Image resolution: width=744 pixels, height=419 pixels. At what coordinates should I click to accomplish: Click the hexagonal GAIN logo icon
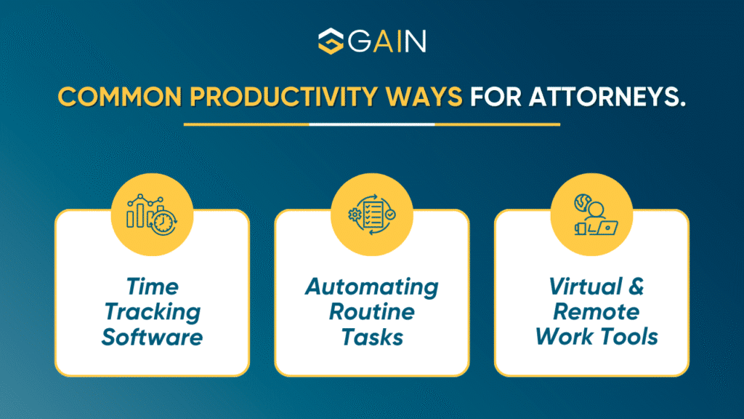click(331, 41)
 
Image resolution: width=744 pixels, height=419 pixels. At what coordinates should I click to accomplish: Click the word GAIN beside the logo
click(387, 41)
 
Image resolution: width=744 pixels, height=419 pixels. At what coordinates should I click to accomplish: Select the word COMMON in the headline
click(120, 97)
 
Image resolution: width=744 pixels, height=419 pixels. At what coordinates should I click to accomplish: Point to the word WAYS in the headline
click(424, 97)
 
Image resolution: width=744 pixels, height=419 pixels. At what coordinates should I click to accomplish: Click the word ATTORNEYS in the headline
click(607, 97)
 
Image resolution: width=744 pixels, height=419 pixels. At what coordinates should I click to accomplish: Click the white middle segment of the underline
click(372, 124)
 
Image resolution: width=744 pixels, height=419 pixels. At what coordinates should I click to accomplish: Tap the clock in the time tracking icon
click(163, 222)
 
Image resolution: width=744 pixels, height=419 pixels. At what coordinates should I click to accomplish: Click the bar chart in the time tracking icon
click(139, 212)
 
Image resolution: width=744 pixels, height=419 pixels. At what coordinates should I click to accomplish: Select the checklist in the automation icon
click(373, 215)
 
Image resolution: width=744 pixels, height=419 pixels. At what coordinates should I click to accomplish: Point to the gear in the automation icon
click(355, 215)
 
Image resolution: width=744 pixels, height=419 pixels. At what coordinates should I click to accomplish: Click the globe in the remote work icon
click(582, 202)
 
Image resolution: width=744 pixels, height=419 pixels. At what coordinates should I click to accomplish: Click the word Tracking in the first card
click(153, 313)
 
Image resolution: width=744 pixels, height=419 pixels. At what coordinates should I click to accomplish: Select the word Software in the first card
click(153, 338)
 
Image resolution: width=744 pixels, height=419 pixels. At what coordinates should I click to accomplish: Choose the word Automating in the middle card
click(372, 287)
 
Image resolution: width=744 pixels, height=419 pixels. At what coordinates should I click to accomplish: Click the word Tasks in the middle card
click(372, 338)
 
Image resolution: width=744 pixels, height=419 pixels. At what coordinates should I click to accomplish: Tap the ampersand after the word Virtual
click(636, 287)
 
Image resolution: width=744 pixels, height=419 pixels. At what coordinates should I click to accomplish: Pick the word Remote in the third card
click(597, 312)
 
